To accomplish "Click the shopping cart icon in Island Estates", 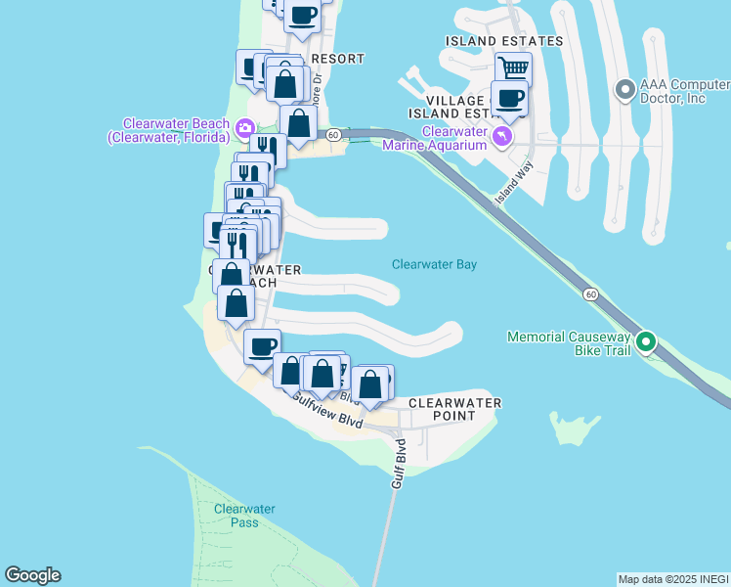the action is point(513,68).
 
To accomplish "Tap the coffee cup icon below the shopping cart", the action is point(509,98).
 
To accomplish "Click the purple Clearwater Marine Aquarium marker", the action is point(502,136).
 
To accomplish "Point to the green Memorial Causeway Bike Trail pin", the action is point(646,341).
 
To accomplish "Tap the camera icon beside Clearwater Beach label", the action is point(244,128).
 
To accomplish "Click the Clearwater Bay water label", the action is point(434,264).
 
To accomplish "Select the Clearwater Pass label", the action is point(244,516).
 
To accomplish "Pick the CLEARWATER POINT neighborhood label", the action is point(454,409).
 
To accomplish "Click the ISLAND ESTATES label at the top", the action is point(504,41).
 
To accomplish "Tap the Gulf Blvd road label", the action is point(400,466).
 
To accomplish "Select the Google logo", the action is point(32,575).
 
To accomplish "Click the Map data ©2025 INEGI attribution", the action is point(672,579).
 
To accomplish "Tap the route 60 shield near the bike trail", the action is point(590,293).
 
